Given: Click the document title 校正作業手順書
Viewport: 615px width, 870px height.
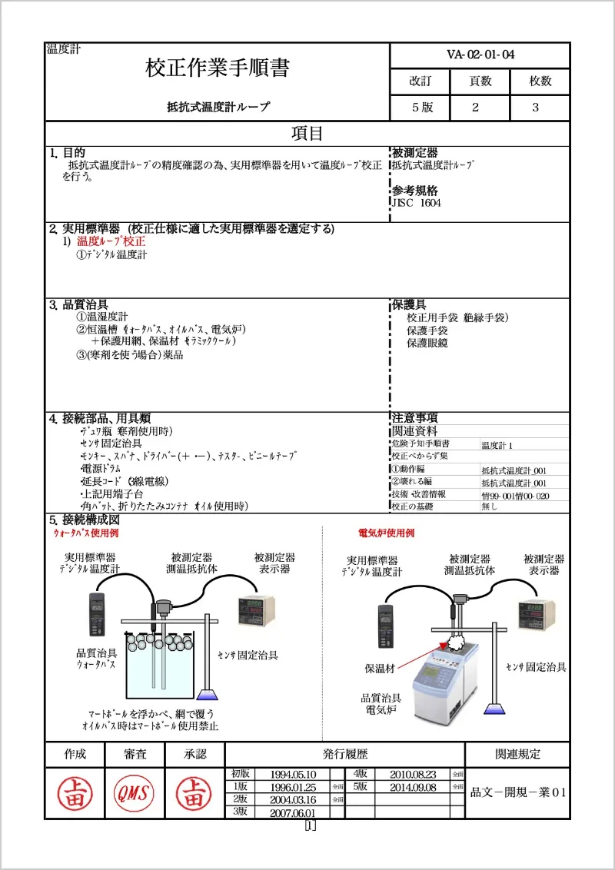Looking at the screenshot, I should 218,68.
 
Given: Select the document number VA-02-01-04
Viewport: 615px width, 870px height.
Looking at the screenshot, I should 480,55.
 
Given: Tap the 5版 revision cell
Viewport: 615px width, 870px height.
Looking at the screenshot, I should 422,108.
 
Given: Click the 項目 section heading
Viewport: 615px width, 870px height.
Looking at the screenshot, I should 307,134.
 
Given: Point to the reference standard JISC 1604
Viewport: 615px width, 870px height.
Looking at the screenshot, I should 417,203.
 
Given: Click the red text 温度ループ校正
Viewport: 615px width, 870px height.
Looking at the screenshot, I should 111,241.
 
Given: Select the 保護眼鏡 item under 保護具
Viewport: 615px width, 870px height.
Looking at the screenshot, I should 427,343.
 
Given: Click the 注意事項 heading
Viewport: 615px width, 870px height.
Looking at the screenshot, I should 415,418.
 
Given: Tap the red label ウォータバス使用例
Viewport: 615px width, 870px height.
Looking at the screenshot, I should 85,533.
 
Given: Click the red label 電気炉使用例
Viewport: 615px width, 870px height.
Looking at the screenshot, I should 386,533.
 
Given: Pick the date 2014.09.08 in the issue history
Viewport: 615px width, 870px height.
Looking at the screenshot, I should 413,788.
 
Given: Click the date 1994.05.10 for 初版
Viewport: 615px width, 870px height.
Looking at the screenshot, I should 293,775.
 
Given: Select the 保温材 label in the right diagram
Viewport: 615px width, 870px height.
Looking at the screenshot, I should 380,669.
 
